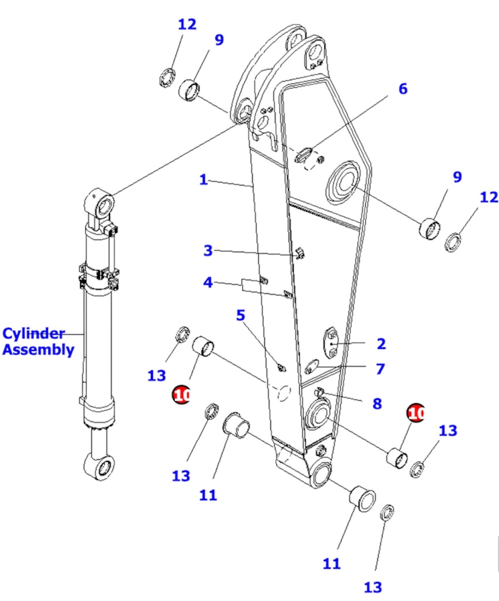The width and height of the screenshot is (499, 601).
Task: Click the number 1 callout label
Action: click(x=203, y=179)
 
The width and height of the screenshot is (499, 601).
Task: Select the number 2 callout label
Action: click(x=381, y=344)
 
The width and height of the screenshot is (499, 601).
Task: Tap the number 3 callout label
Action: click(x=208, y=250)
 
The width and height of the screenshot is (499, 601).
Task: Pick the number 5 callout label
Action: click(x=241, y=316)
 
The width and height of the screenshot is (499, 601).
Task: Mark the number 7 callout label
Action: click(x=379, y=369)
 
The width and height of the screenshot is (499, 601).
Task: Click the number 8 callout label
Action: click(x=376, y=403)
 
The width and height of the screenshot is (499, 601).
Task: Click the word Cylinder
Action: click(x=34, y=334)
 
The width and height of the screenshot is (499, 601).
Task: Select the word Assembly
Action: click(x=38, y=349)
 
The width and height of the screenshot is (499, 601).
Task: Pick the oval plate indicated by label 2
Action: click(x=331, y=342)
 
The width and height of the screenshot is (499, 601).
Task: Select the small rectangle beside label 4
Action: click(x=249, y=285)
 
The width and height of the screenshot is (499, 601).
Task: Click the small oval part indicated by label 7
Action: click(x=312, y=366)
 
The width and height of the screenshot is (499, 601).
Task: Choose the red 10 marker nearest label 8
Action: click(x=416, y=413)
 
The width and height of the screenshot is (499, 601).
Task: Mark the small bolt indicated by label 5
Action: click(x=282, y=367)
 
